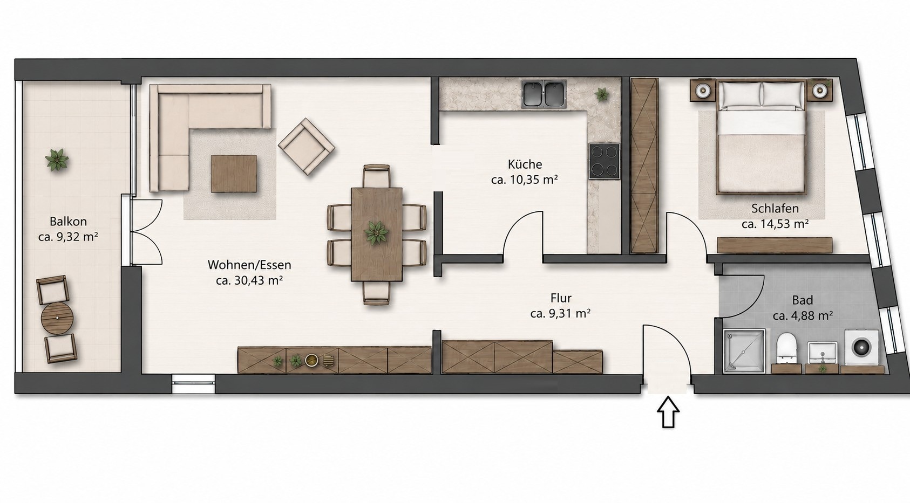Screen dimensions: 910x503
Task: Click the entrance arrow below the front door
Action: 668,412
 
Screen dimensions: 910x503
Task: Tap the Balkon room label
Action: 68,222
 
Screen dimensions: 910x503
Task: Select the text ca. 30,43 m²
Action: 249,280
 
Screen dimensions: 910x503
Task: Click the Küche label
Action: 525,164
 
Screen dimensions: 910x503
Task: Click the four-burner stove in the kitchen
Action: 605,161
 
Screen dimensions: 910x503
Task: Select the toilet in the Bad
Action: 787,348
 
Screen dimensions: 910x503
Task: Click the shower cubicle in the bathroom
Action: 744,351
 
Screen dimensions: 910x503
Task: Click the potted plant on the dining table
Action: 376,233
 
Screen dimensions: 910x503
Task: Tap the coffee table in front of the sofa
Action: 234,174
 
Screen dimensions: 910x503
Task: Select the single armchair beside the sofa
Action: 307,147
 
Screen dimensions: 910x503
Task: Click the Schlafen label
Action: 775,209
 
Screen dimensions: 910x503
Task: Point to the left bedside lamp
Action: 702,90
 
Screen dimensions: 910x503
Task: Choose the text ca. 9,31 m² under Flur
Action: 561,314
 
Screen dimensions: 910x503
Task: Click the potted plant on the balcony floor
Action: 57,160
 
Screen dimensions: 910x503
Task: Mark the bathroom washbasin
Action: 822,353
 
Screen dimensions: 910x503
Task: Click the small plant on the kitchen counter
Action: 602,95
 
